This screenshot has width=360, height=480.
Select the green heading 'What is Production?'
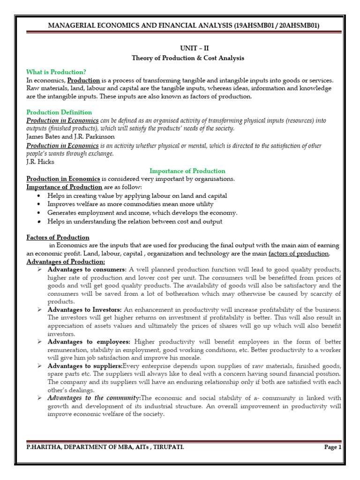click(56, 72)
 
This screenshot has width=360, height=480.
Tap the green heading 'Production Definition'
click(59, 112)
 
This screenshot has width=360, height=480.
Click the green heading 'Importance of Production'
click(187, 171)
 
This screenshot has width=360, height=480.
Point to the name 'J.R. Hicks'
click(40, 162)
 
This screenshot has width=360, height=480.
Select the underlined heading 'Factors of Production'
click(58, 237)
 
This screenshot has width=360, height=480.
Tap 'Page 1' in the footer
click(333, 447)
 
